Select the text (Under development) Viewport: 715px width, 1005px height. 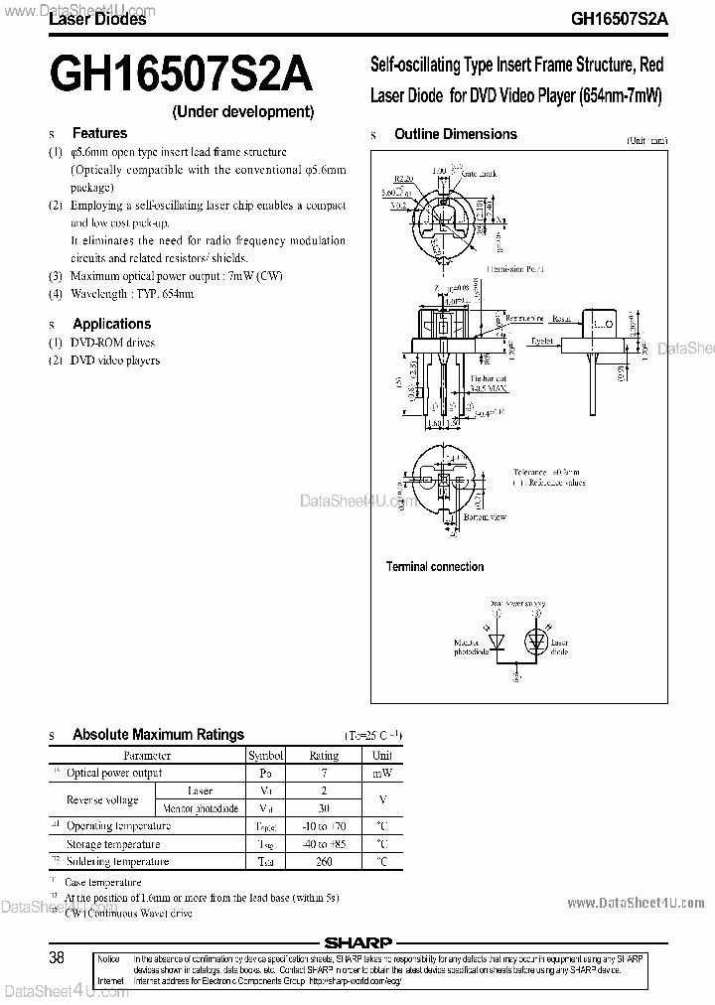[243, 112]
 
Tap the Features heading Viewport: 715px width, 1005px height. [99, 133]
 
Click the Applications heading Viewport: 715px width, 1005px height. [111, 324]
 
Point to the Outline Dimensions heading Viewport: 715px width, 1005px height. [455, 134]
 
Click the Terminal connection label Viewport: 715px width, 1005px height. [435, 567]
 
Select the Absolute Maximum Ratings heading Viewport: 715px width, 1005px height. [158, 735]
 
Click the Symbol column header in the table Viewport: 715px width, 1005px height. [265, 756]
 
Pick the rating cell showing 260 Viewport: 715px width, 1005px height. [324, 862]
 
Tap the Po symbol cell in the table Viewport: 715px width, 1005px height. [265, 773]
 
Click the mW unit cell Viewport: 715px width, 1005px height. [381, 773]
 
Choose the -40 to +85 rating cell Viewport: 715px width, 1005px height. [324, 844]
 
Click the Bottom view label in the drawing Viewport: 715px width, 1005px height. [486, 517]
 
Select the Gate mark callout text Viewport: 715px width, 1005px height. [481, 174]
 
